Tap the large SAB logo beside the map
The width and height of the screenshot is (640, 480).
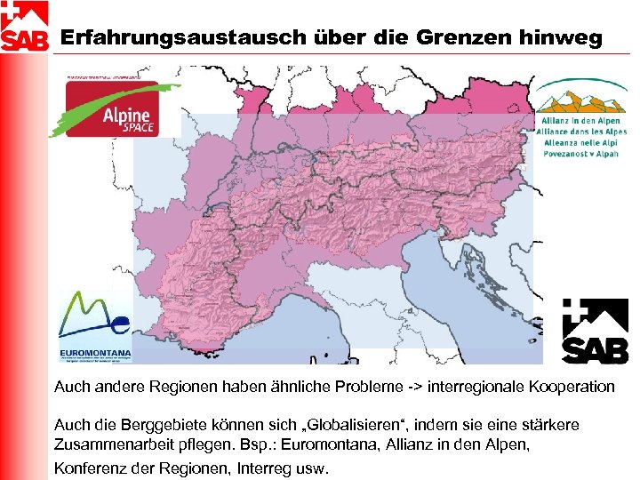tap(595, 331)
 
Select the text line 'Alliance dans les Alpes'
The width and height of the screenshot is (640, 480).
tap(581, 132)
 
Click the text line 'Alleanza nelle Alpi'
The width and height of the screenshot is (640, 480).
tap(581, 142)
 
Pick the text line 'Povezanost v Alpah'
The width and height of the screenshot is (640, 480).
tap(581, 153)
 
